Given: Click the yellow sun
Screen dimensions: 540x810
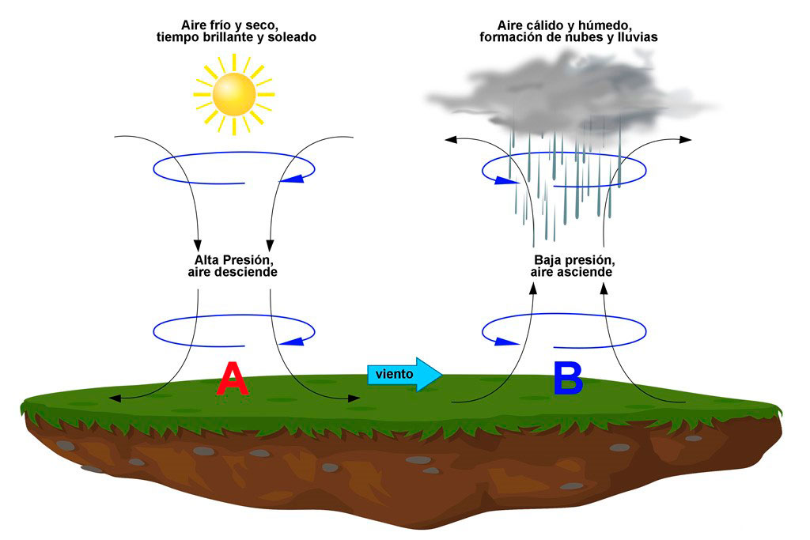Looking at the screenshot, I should pyautogui.click(x=233, y=93).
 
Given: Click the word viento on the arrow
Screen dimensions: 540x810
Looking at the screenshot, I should pyautogui.click(x=394, y=374).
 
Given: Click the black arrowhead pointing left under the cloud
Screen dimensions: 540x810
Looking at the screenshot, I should pyautogui.click(x=451, y=140).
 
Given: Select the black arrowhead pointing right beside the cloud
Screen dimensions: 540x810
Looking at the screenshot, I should pyautogui.click(x=685, y=140).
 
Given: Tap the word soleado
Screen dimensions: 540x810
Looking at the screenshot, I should pyautogui.click(x=292, y=37).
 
